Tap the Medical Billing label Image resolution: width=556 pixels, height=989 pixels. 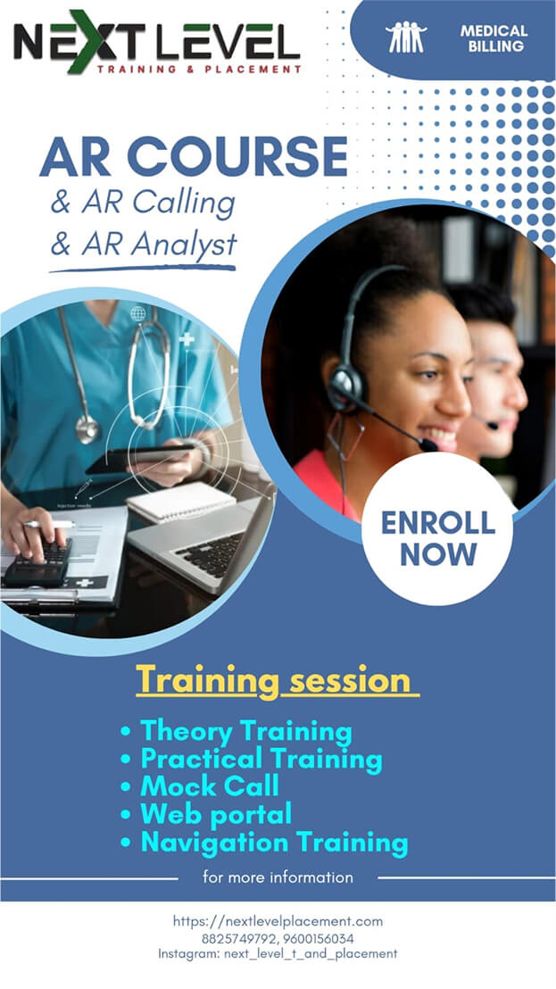point(494,38)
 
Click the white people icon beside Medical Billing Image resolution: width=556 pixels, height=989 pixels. point(406,37)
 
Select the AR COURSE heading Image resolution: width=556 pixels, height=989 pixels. point(194,156)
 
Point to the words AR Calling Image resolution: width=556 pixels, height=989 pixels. point(158,204)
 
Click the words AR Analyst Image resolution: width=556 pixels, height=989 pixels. point(160,244)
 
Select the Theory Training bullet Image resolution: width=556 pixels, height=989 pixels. point(237,732)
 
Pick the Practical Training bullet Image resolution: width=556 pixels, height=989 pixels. point(251,759)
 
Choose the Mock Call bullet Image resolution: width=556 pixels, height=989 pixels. point(200,785)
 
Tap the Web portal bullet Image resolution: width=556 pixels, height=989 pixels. point(206,814)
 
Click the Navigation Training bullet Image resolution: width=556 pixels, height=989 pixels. point(264,842)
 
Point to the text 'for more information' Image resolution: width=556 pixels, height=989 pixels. point(278,877)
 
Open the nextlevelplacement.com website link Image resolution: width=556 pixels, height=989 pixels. point(278,921)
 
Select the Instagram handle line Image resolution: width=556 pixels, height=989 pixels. point(278,953)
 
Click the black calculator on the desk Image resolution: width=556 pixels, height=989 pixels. point(37,562)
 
